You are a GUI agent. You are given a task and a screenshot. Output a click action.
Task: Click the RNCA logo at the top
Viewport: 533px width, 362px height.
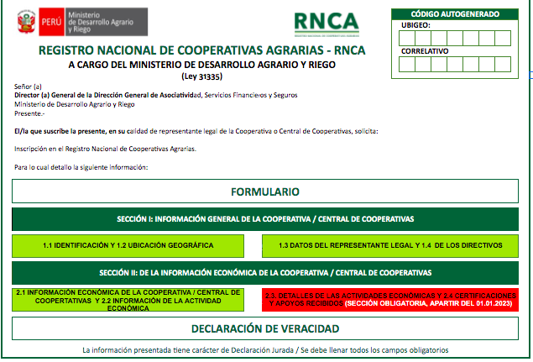[x=327, y=23]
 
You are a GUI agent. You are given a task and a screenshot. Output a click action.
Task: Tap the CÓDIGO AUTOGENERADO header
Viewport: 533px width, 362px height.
[x=455, y=13]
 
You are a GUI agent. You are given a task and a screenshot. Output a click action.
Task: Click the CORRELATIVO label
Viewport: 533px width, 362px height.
[x=426, y=51]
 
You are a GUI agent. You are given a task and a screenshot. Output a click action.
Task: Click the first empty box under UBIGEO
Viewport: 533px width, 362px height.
[x=410, y=38]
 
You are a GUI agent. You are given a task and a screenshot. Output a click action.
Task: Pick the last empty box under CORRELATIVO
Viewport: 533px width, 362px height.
[x=502, y=64]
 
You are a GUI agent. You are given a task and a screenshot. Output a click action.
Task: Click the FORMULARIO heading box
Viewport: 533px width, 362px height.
[x=265, y=191]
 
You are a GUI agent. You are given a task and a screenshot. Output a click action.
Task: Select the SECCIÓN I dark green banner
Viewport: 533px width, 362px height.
[x=265, y=218]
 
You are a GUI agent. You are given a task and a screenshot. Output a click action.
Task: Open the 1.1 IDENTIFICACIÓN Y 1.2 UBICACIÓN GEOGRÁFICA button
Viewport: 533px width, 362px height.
[x=128, y=245]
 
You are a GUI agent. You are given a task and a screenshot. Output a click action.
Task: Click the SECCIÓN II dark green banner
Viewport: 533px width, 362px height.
[x=265, y=273]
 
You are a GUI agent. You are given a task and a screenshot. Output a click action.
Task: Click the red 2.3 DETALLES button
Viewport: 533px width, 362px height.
[x=389, y=300]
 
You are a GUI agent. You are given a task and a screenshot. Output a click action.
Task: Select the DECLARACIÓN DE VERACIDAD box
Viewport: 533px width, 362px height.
[x=265, y=328]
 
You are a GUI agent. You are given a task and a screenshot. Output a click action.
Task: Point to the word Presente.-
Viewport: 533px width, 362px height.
[x=30, y=113]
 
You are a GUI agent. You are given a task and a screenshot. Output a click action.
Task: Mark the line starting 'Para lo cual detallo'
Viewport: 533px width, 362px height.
[x=81, y=167]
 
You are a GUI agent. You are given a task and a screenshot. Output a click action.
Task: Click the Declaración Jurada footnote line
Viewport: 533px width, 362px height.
[x=265, y=349]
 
